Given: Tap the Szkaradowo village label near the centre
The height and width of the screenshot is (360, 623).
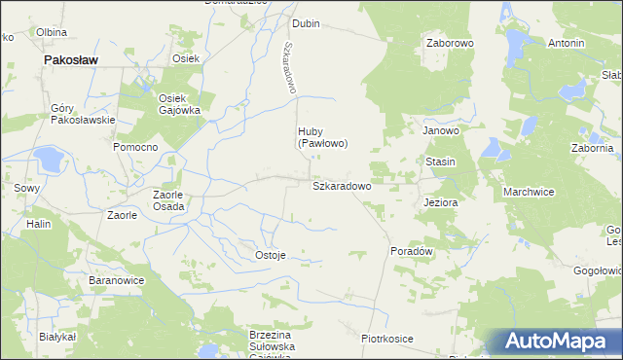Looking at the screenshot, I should click(341, 185).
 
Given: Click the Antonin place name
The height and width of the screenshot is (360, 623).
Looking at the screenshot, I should click(566, 44).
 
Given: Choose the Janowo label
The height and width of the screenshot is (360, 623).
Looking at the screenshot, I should click(440, 129).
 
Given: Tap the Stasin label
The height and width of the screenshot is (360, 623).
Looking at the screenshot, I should click(440, 161).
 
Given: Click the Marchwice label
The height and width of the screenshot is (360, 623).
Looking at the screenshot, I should click(529, 192).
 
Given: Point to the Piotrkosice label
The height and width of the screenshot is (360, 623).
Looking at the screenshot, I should click(387, 338).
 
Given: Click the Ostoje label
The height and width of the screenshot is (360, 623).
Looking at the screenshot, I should click(270, 255).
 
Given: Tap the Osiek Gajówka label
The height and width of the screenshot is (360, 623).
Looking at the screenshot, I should click(179, 104).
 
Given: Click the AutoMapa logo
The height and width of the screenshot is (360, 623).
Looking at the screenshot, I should click(555, 341).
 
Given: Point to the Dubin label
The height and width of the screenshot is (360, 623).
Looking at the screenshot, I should click(306, 22).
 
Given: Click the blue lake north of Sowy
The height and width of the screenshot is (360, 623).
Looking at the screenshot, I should click(46, 156).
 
